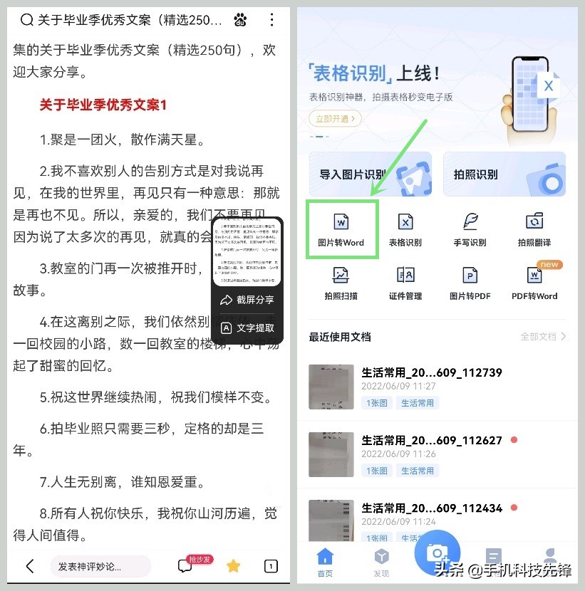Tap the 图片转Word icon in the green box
pyautogui.click(x=341, y=221)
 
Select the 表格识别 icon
pyautogui.click(x=405, y=221)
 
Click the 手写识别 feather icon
pyautogui.click(x=470, y=221)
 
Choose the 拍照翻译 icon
pyautogui.click(x=534, y=221)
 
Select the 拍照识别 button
pyautogui.click(x=504, y=174)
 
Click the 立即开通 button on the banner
pyautogui.click(x=335, y=119)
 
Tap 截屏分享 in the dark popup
pyautogui.click(x=247, y=300)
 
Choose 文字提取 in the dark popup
pyautogui.click(x=247, y=328)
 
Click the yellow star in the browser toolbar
pyautogui.click(x=233, y=566)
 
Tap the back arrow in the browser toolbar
pyautogui.click(x=30, y=566)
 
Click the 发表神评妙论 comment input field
pyautogui.click(x=100, y=566)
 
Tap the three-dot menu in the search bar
pyautogui.click(x=271, y=20)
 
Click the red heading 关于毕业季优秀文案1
pyautogui.click(x=103, y=105)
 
